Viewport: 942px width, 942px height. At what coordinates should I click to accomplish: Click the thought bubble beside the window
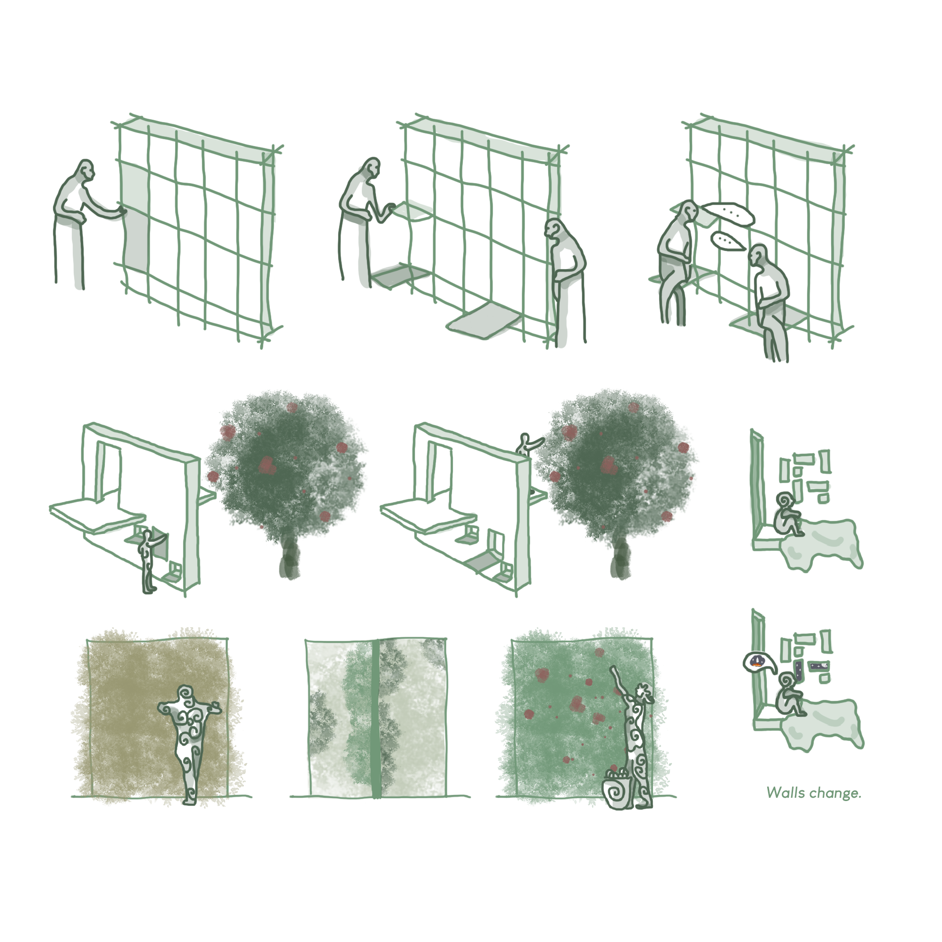point(759,662)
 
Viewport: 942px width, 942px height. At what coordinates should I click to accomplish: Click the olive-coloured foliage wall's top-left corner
point(88,640)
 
